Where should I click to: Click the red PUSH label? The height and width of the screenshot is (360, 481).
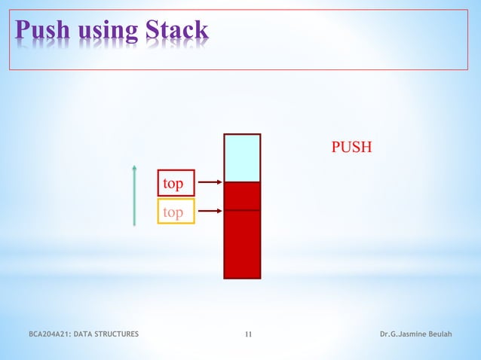[x=351, y=146]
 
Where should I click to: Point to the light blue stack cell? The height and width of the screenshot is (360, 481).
[x=242, y=158]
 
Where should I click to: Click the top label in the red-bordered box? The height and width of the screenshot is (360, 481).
[x=176, y=183]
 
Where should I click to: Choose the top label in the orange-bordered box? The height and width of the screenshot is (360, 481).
[x=176, y=212]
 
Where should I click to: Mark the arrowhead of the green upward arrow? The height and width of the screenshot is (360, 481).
[x=134, y=167]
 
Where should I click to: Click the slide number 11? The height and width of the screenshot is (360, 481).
[x=249, y=334]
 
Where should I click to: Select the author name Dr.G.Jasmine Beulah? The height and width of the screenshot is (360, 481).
[x=415, y=334]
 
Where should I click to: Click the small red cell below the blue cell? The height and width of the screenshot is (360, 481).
[x=242, y=196]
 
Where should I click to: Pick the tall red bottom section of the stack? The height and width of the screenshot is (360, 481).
[x=242, y=244]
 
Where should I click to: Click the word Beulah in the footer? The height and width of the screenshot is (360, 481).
[x=439, y=334]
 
